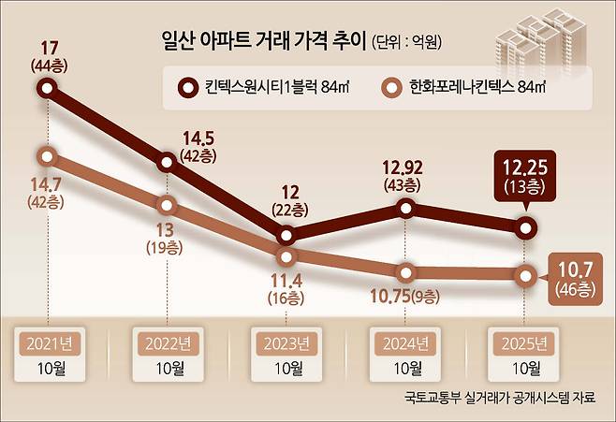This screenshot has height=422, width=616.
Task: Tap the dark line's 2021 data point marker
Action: [x=48, y=89]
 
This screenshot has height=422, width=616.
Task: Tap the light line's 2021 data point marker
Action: [x=48, y=154]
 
